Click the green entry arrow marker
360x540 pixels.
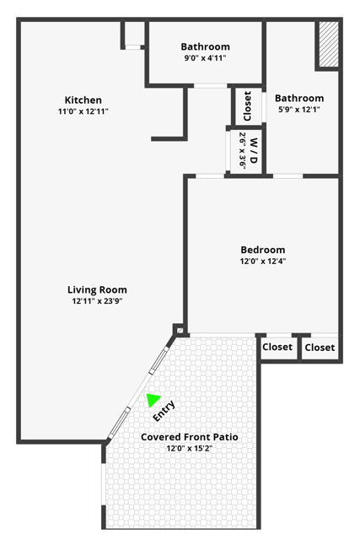click(x=153, y=399)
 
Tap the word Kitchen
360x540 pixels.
click(x=83, y=100)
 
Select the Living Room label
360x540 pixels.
click(x=97, y=290)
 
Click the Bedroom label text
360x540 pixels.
click(x=263, y=250)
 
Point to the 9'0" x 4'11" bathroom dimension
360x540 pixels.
click(x=205, y=58)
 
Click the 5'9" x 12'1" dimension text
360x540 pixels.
click(x=299, y=110)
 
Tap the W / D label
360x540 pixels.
click(x=254, y=150)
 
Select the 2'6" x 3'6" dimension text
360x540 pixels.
click(x=243, y=151)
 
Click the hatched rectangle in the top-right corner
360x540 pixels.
click(x=328, y=44)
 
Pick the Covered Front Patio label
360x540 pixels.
click(x=190, y=437)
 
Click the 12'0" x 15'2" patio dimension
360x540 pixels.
click(x=190, y=448)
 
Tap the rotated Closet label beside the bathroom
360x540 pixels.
click(x=247, y=106)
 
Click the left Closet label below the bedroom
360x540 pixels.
click(x=277, y=347)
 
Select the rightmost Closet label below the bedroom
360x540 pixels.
click(x=320, y=348)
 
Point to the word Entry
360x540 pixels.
click(x=164, y=411)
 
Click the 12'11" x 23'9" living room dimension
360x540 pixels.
click(x=98, y=301)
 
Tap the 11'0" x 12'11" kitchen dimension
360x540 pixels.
click(x=83, y=111)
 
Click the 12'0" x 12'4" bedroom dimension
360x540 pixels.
click(x=263, y=261)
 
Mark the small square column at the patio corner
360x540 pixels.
click(x=179, y=330)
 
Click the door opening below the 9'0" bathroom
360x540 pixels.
click(x=211, y=85)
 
